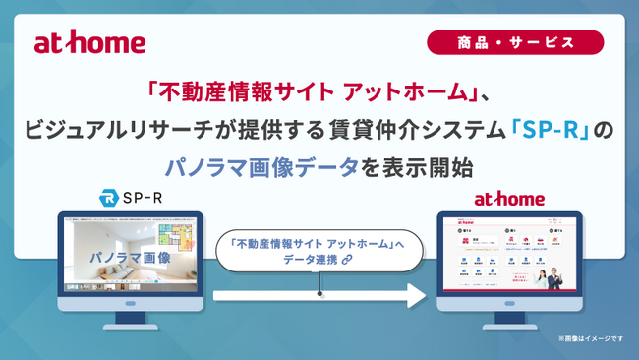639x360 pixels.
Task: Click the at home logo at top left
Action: (89, 43)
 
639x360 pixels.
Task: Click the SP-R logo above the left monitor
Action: (131, 200)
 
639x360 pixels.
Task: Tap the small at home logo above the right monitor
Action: (508, 200)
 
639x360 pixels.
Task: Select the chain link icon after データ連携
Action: (348, 259)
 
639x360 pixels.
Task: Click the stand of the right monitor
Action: (508, 317)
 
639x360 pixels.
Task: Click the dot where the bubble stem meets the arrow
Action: (319, 293)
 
